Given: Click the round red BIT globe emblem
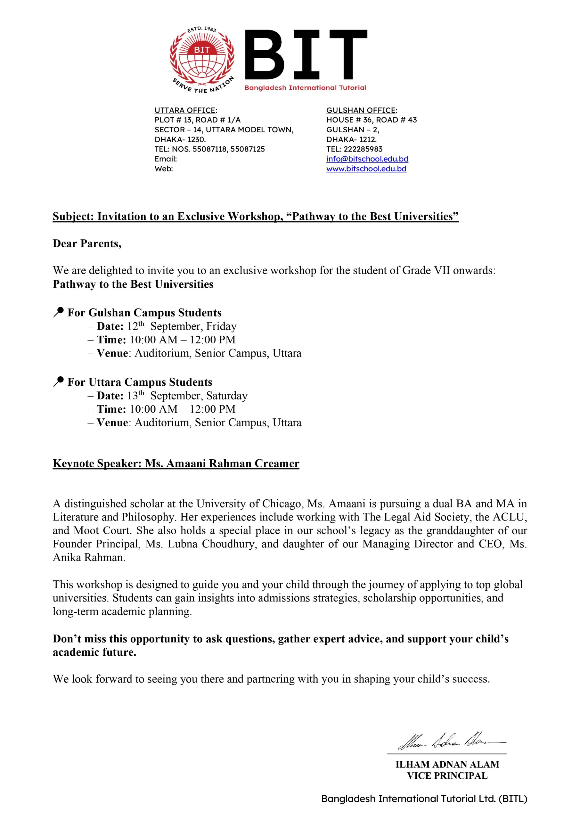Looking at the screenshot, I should point(202,59).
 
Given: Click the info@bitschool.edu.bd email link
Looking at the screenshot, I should point(367,159).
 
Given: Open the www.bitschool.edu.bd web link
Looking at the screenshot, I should point(366,168).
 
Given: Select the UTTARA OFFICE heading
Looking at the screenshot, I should point(185,111).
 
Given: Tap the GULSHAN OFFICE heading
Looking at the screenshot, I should point(361,111).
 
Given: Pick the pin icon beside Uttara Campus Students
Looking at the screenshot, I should point(58,381).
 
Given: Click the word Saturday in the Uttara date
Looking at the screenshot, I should point(227,396).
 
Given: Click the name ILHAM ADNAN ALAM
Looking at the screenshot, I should point(447,764).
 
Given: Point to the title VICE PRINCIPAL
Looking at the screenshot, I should point(447,776).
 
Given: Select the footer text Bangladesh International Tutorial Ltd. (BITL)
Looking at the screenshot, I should point(424,799).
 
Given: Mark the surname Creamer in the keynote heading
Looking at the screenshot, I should point(277,463).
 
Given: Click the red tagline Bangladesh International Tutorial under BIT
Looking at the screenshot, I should point(305,88).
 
